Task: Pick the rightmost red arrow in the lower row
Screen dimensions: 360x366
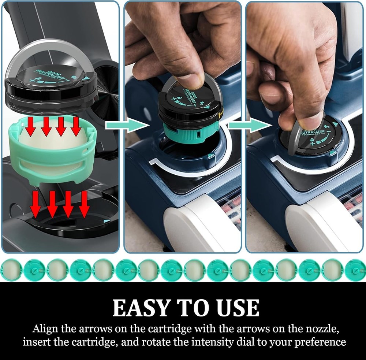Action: click(84, 204)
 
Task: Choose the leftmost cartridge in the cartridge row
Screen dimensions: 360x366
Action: click(11, 270)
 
